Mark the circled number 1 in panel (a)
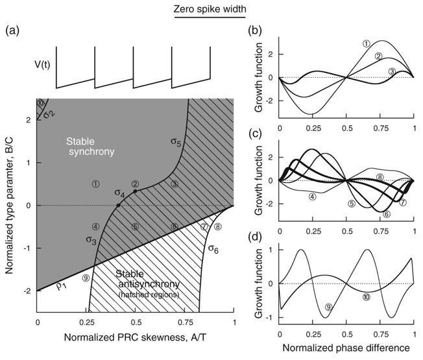(x=96, y=184)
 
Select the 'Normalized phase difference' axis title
(x=345, y=348)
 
